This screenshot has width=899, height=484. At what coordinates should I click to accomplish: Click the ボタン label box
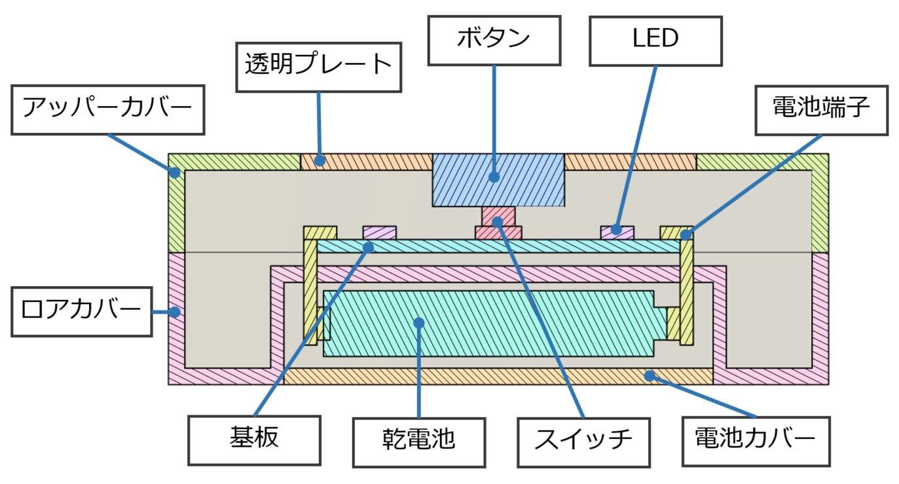(x=494, y=39)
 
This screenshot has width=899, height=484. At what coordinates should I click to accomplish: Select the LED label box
(x=655, y=39)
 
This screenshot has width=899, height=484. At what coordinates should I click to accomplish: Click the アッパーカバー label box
(x=108, y=109)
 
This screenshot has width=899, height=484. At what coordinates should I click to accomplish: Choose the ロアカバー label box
(x=82, y=310)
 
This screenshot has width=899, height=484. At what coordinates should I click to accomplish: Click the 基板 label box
(x=254, y=439)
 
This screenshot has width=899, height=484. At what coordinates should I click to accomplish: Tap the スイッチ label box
(x=583, y=439)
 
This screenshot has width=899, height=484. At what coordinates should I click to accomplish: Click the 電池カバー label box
(x=756, y=439)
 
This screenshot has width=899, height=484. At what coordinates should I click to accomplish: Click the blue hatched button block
(x=498, y=179)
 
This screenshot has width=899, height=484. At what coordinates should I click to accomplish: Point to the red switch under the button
(x=498, y=223)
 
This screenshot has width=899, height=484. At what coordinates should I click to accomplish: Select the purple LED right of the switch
(x=617, y=232)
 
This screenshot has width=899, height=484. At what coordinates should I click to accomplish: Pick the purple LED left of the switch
(x=379, y=233)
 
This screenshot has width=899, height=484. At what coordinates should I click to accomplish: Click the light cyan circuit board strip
(x=498, y=246)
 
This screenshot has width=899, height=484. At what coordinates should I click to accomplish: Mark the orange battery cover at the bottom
(x=498, y=376)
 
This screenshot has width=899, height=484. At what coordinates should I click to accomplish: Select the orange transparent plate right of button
(x=629, y=161)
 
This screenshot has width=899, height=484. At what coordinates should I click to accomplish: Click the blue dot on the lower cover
(x=174, y=312)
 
